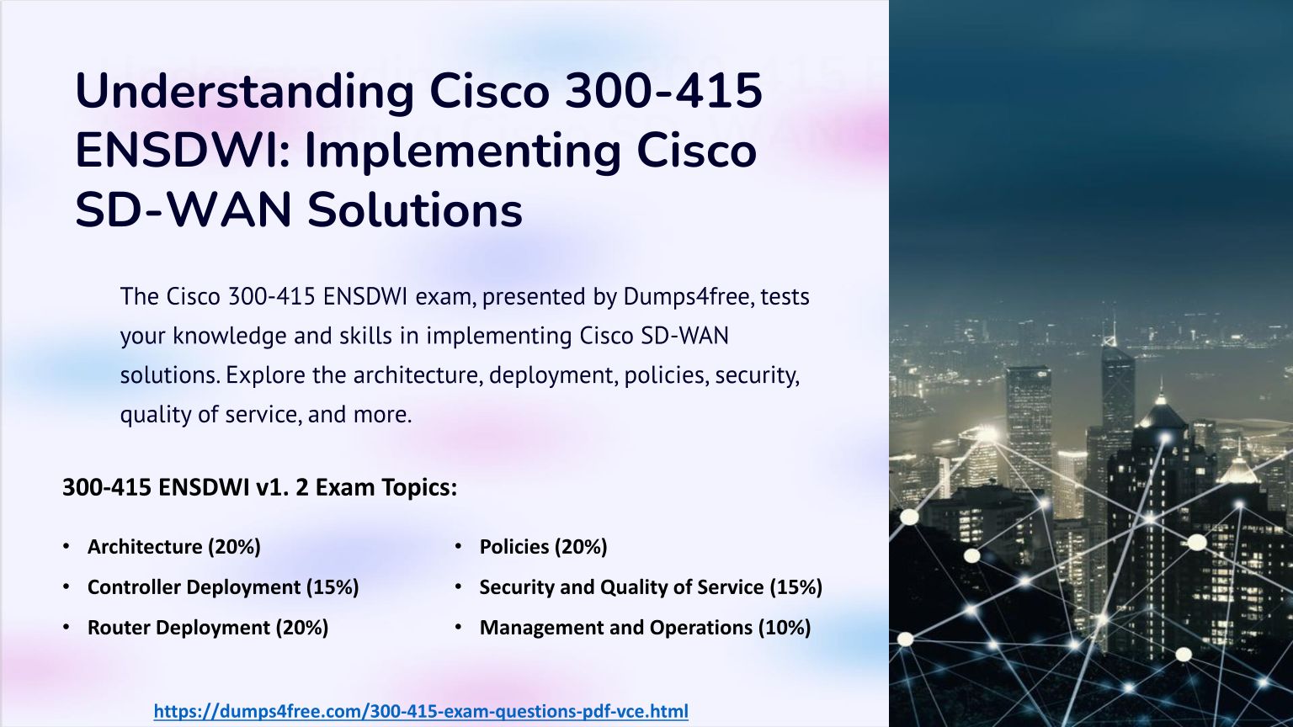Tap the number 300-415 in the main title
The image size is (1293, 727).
click(664, 91)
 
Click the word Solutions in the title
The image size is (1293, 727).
click(415, 210)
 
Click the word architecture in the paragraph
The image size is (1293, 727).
click(418, 375)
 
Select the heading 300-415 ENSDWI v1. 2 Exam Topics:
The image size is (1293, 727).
click(260, 487)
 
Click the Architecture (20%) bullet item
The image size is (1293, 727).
click(173, 547)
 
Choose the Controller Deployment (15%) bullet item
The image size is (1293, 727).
click(223, 587)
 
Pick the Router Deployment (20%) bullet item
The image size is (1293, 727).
click(208, 628)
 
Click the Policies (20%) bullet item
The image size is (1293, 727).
click(543, 547)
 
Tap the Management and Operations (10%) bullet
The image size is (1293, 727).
click(646, 628)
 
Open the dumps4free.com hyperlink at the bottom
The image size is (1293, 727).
click(421, 711)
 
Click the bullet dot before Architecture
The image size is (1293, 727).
click(67, 546)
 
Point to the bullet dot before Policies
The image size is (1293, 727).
click(459, 546)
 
